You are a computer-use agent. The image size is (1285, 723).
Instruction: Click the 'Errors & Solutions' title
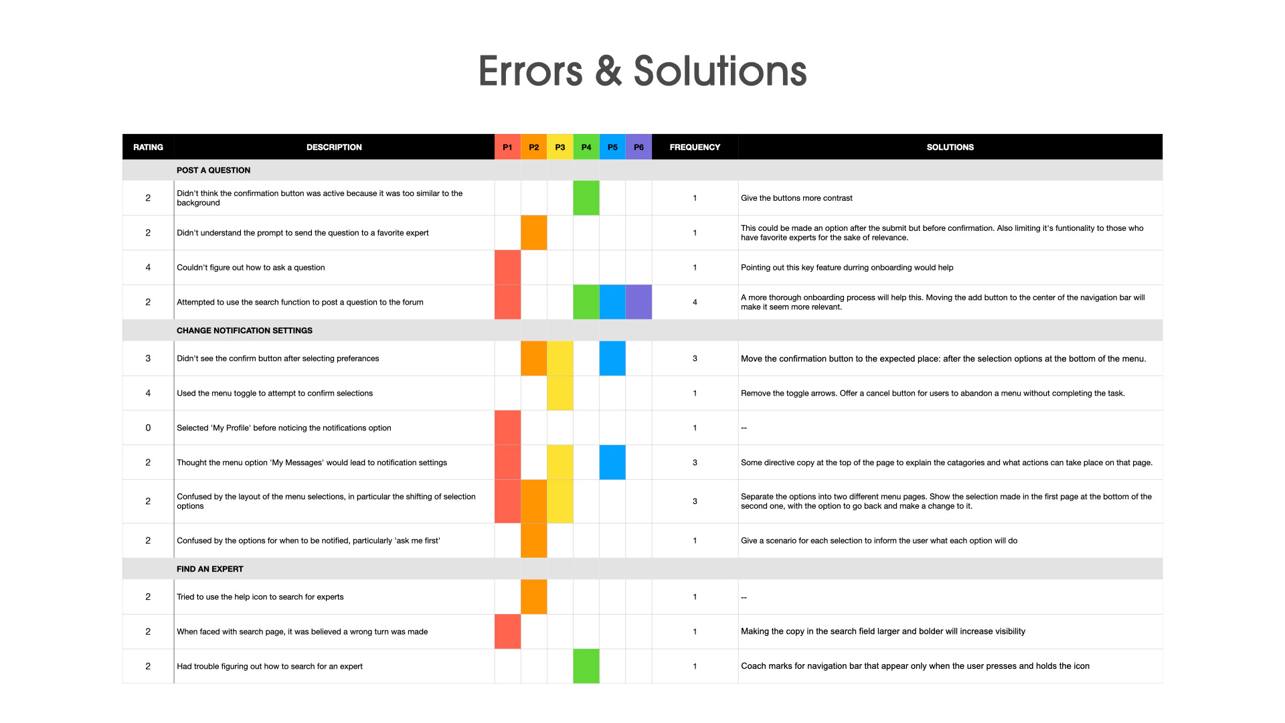pos(642,71)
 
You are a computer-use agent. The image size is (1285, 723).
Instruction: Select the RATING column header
pos(148,147)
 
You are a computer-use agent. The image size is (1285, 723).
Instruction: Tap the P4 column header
pos(586,147)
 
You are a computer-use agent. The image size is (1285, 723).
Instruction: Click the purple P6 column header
pos(638,147)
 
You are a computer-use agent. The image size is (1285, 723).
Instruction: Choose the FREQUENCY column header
pos(695,147)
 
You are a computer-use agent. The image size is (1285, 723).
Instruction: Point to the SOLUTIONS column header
pos(950,147)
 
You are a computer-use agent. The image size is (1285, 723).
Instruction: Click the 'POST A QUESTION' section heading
pos(213,171)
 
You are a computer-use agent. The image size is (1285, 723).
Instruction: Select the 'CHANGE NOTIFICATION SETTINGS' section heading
pos(244,331)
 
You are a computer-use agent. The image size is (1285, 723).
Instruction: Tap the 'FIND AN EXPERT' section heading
pos(209,569)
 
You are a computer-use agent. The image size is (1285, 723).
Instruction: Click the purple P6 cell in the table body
pos(638,302)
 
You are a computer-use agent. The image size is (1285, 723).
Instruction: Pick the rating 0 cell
pos(148,428)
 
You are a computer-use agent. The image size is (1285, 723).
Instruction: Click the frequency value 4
pos(695,302)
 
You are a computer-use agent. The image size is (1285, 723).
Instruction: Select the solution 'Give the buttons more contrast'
pos(796,198)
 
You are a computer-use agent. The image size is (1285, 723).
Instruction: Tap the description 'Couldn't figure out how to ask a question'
pos(250,268)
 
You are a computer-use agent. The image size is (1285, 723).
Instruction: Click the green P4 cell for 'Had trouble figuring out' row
pos(586,666)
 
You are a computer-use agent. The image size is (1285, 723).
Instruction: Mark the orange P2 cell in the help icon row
pos(533,596)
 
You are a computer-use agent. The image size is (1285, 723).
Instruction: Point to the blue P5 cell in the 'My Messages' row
pos(612,463)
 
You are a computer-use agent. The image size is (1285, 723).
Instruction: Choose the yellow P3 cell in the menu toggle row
pos(560,393)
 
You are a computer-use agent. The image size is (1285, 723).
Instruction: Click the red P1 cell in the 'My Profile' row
pos(507,428)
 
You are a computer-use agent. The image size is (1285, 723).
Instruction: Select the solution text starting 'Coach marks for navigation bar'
pos(915,666)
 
